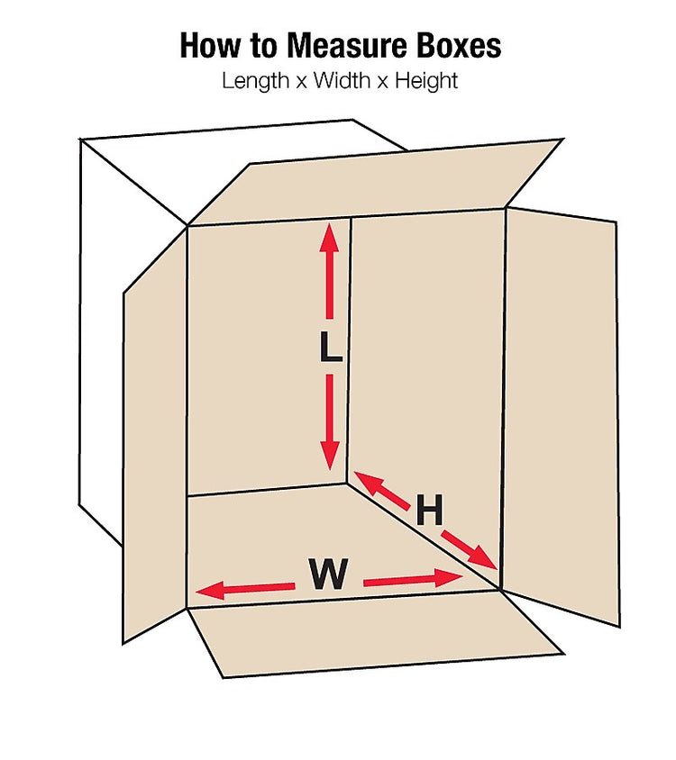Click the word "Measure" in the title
coord(346,46)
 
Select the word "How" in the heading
coord(211,46)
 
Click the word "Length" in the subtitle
coord(256,81)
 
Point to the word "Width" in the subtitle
coord(342,80)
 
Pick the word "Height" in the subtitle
coord(426,81)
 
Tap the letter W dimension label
coord(329,574)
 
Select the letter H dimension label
coord(429,510)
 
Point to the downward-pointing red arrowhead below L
coord(330,456)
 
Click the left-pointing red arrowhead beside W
coord(210,591)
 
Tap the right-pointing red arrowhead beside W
coord(450,577)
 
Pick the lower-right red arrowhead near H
coord(483,557)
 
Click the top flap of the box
coord(374,182)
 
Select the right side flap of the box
coord(561,417)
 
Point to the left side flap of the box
coord(155,436)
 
